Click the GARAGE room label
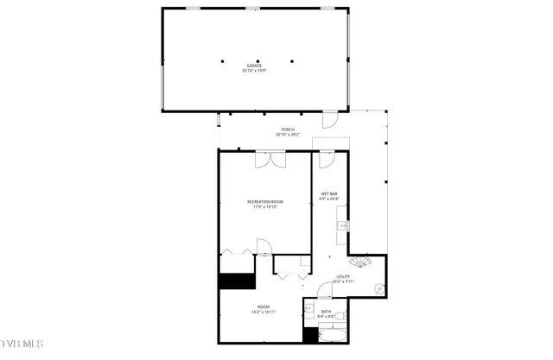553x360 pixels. pos(254,66)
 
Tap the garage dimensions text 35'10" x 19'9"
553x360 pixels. pos(254,71)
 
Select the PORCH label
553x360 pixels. pos(289,129)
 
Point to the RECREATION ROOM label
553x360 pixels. pos(265,201)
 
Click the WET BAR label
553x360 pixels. pos(329,193)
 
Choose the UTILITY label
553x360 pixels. pos(344,276)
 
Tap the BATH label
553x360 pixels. pos(326,311)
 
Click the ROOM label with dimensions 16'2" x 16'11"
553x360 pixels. pos(264,307)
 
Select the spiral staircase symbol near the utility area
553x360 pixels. pos(359,262)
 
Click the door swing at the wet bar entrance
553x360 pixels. pos(326,161)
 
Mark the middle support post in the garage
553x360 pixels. pos(257,60)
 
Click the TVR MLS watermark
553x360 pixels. pos(22,344)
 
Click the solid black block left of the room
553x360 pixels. pos(234,281)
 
